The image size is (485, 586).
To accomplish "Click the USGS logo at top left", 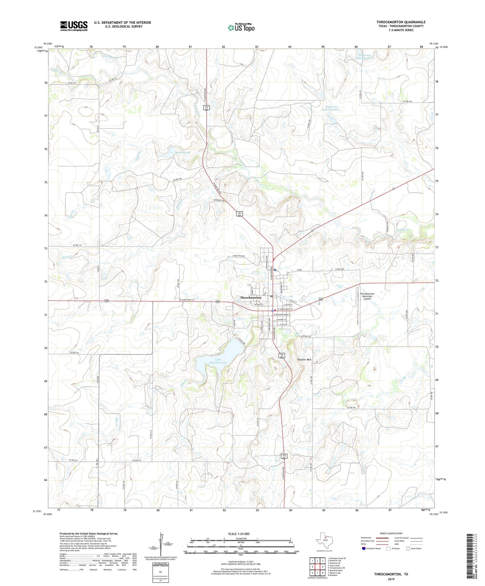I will click(x=74, y=26).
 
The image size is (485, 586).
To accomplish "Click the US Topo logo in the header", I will click(x=241, y=28).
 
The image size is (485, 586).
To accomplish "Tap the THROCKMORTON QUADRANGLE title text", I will click(x=401, y=22).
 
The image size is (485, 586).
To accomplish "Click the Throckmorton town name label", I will click(x=250, y=298).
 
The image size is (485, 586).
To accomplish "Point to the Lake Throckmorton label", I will click(x=218, y=361).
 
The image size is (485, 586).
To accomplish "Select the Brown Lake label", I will click(x=183, y=152).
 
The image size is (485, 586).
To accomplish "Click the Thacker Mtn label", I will click(x=304, y=360).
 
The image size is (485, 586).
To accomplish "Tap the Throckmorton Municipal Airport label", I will click(x=367, y=296).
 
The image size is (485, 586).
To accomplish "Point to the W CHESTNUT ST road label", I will click(x=184, y=300).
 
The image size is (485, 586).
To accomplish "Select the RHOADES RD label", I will click(x=219, y=201).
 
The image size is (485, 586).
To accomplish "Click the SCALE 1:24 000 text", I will click(x=238, y=534).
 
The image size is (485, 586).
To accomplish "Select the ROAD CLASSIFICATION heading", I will click(x=391, y=533).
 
